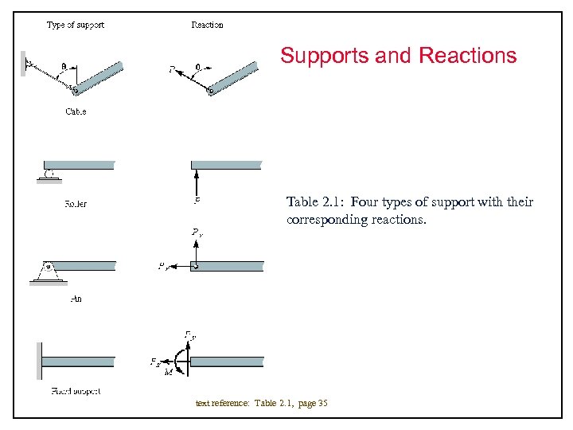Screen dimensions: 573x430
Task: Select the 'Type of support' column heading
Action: click(76, 25)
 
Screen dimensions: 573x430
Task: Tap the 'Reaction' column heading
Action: click(208, 25)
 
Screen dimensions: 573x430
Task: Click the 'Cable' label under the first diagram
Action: click(76, 111)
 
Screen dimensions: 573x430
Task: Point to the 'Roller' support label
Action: click(76, 204)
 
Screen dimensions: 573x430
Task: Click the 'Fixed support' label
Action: click(76, 391)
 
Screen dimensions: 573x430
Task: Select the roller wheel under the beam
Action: click(50, 173)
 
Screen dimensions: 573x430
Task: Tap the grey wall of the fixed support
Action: click(38, 362)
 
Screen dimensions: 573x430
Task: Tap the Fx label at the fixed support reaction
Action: click(154, 362)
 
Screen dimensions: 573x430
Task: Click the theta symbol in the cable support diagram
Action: click(64, 68)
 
